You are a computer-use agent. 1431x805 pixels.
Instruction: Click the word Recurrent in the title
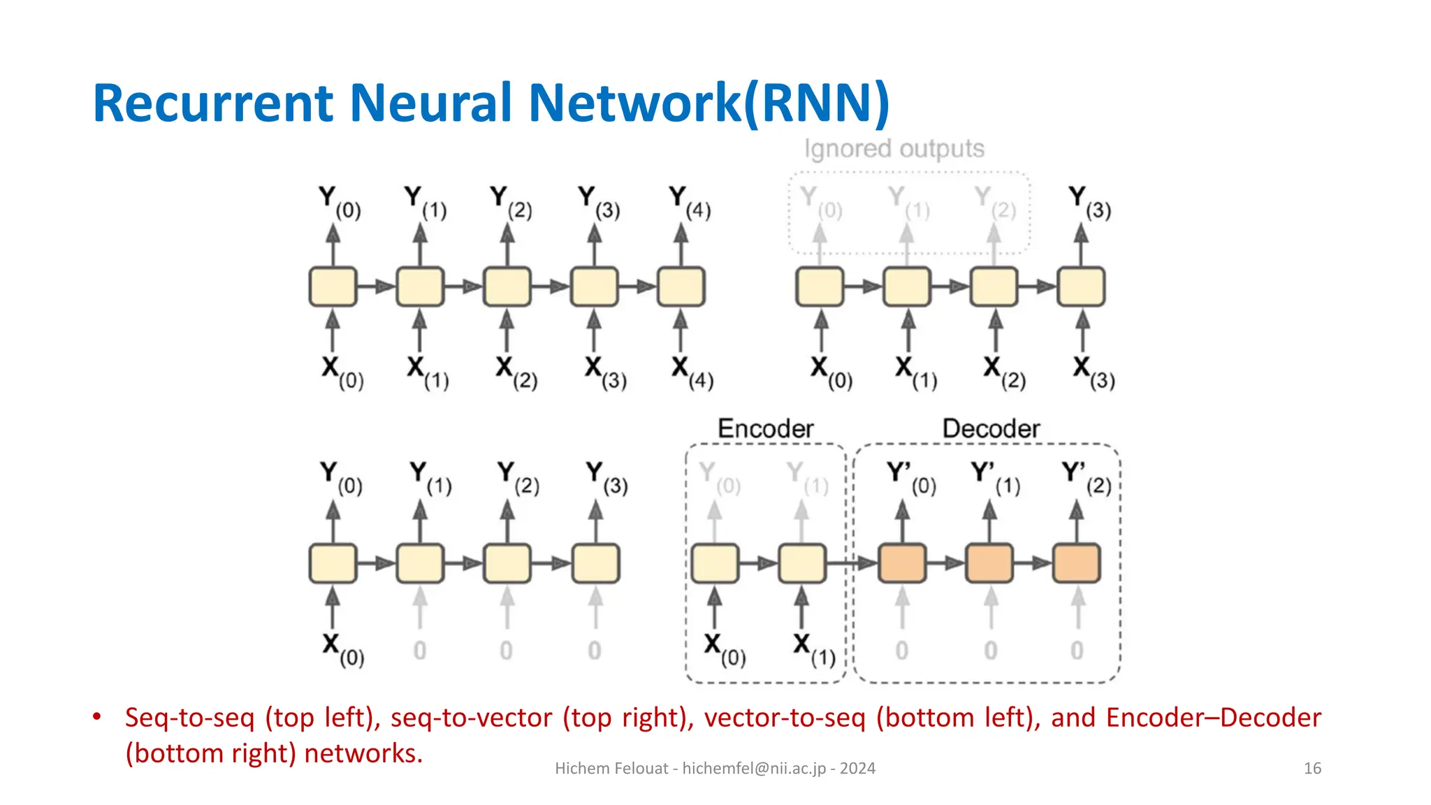tap(213, 103)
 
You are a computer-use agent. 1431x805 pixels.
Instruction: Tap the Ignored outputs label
tap(894, 149)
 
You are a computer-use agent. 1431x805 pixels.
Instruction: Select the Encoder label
tap(765, 428)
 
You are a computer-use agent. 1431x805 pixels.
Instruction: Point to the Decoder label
tap(990, 428)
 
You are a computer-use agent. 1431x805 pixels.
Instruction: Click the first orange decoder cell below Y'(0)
tap(902, 563)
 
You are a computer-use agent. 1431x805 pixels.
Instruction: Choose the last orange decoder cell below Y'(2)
tap(1077, 563)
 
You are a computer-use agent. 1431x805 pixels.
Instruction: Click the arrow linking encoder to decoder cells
tap(852, 563)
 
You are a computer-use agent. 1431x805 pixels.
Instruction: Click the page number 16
tap(1312, 769)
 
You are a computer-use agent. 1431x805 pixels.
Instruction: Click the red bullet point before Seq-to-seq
tap(97, 717)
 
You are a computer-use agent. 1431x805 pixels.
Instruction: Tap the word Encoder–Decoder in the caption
tap(1213, 718)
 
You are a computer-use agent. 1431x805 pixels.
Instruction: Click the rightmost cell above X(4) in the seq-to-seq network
tap(681, 287)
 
